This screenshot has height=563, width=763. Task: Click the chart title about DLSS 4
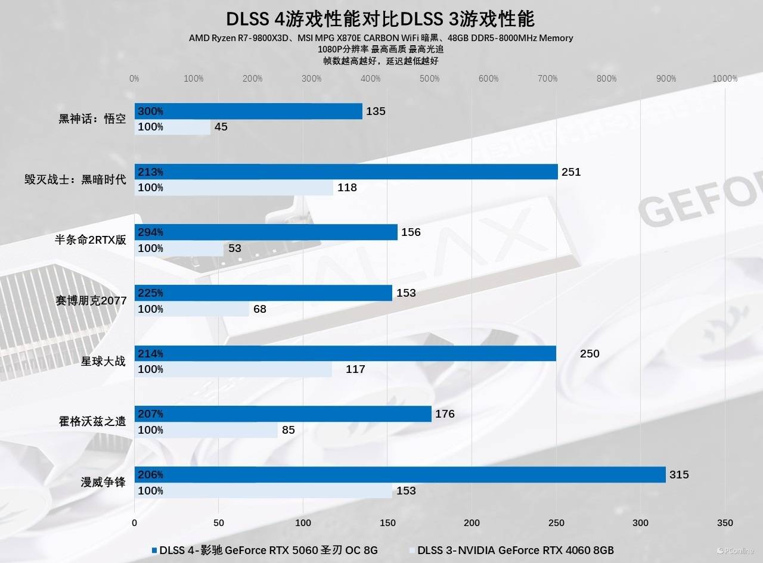click(x=380, y=19)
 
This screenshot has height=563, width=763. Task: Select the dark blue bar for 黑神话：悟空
click(x=248, y=111)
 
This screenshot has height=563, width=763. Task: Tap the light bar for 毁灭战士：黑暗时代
click(x=234, y=188)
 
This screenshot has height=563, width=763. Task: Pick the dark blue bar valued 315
click(x=399, y=475)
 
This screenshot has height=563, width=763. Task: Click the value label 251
click(x=570, y=172)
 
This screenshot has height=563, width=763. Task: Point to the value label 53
click(x=235, y=248)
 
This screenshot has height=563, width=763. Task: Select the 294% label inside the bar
click(x=150, y=232)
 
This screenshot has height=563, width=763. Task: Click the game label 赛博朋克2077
click(x=91, y=301)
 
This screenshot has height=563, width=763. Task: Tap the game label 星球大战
click(x=104, y=361)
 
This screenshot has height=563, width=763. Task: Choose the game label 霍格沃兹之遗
click(x=92, y=422)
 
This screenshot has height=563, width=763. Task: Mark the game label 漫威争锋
click(x=104, y=482)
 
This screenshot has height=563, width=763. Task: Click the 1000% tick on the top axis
click(x=725, y=79)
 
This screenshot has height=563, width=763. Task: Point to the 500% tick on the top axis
click(x=429, y=79)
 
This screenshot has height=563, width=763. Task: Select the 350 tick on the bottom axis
click(x=725, y=522)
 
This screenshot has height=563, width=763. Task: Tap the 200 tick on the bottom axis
click(x=472, y=522)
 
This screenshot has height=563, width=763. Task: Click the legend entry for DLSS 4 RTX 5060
click(x=265, y=550)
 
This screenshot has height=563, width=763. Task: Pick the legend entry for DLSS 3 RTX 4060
click(x=511, y=550)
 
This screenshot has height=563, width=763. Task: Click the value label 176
click(x=445, y=414)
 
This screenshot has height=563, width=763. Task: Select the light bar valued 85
click(x=206, y=430)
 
